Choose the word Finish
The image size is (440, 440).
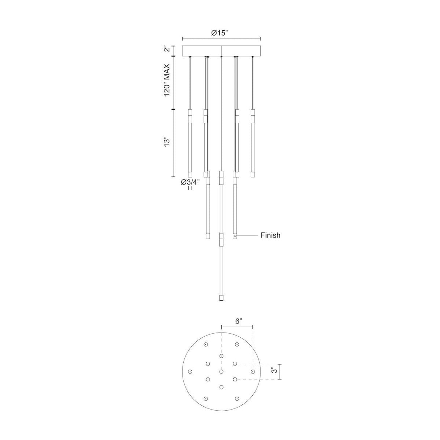coord(270,235)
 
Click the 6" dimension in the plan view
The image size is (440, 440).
coord(238,322)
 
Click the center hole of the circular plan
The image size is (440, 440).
coord(221,372)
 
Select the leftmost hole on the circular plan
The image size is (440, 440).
coord(190,372)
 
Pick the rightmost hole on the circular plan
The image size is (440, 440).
coord(253,372)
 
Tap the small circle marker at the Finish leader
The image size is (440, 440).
coord(235,236)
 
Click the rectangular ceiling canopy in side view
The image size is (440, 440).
coord(221,50)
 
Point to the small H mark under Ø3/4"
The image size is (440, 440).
coord(190,188)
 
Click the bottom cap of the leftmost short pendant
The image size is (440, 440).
coord(190,174)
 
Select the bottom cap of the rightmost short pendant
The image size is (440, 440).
coord(252,174)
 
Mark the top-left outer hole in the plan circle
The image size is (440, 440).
coord(206,344)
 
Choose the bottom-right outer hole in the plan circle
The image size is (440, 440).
coord(237,399)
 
